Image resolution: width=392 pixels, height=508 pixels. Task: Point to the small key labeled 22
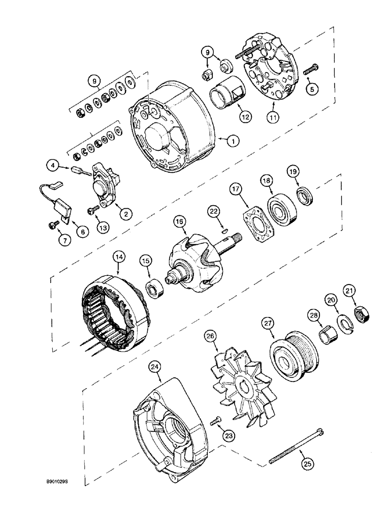[x=225, y=231]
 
